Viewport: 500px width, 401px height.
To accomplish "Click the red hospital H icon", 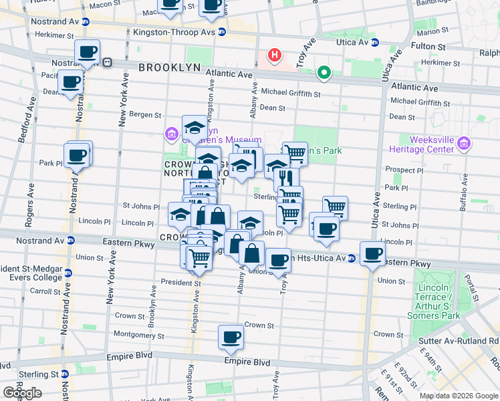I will pos(273,55).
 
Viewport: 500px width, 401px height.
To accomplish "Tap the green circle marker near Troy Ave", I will pos(324,73).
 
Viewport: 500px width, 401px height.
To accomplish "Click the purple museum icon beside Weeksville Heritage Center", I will pos(465,143).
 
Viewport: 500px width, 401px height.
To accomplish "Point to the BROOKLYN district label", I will pos(170,68).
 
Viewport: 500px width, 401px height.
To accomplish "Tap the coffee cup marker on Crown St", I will pos(231,338).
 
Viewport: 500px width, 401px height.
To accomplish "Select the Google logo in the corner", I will pos(21,392).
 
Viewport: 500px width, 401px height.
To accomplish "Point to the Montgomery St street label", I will pos(139,333).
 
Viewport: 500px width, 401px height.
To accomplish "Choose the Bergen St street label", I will pos(145,116).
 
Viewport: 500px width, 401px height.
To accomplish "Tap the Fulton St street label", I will pos(432,47).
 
